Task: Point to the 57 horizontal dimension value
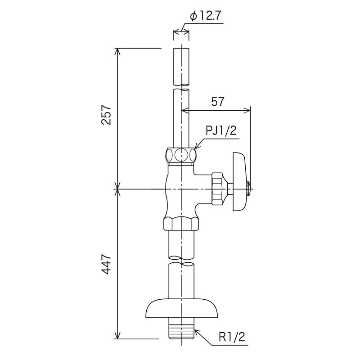click(x=218, y=101)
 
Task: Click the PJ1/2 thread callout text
click(x=221, y=130)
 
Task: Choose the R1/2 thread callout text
click(x=233, y=337)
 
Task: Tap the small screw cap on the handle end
click(x=248, y=189)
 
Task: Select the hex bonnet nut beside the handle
click(x=218, y=189)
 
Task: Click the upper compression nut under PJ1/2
click(x=181, y=155)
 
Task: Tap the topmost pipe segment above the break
click(x=181, y=65)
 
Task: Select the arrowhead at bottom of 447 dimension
click(x=119, y=335)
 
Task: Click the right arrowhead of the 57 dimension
click(x=247, y=109)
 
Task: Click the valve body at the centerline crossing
click(x=181, y=189)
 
